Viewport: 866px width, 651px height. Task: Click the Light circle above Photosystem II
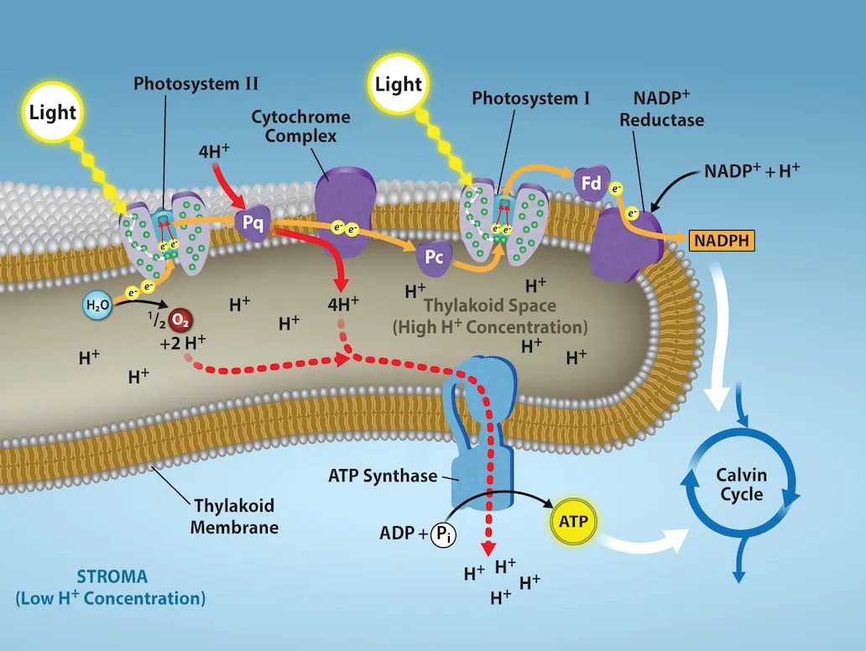pos(53,112)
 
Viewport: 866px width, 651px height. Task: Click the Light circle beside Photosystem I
pos(399,84)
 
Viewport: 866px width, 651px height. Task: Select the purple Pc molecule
pos(434,257)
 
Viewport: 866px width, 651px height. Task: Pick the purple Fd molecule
pos(590,182)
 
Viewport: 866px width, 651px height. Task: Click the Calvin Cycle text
pos(741,485)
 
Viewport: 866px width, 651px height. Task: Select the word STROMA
pos(112,577)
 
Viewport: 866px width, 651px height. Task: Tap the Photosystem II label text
pos(196,84)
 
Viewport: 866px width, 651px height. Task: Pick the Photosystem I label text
pos(531,98)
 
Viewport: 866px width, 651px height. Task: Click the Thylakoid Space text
pos(490,307)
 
